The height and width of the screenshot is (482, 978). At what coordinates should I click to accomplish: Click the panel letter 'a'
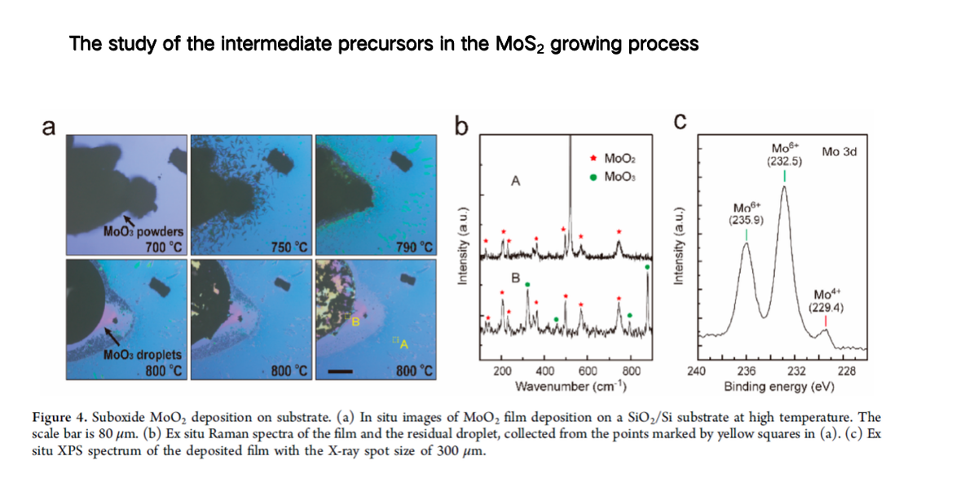(x=49, y=127)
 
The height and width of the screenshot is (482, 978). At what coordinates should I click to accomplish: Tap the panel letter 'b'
(x=461, y=125)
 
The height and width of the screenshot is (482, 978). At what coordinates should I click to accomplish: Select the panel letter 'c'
(x=681, y=121)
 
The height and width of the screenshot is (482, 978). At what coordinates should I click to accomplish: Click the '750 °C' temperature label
(x=289, y=248)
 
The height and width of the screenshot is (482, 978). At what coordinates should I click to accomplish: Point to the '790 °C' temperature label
(x=414, y=248)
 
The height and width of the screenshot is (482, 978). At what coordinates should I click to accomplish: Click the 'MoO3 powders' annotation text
(x=143, y=231)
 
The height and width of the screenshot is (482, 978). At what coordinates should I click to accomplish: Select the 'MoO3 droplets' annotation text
(x=143, y=355)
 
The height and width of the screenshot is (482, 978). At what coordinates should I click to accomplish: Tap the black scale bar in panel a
(x=340, y=371)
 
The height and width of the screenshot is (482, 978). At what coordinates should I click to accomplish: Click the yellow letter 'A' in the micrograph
(x=404, y=344)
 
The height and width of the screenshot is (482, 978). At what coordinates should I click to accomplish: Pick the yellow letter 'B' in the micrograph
(x=356, y=322)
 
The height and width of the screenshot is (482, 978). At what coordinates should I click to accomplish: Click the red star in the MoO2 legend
(x=593, y=158)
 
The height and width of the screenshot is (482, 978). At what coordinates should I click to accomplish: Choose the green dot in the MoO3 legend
(x=593, y=177)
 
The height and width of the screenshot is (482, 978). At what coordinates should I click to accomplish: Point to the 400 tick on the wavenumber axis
(x=545, y=371)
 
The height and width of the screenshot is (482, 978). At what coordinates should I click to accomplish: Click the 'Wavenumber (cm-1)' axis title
(x=571, y=387)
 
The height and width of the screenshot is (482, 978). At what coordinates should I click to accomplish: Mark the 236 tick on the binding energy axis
(x=747, y=371)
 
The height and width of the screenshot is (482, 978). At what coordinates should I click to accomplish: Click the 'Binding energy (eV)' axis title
(x=779, y=387)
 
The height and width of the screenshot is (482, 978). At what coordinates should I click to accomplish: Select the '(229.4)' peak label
(x=826, y=308)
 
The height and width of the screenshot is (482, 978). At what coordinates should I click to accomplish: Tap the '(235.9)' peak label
(x=746, y=220)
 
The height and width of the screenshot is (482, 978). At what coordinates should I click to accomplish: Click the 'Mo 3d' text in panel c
(x=839, y=151)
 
